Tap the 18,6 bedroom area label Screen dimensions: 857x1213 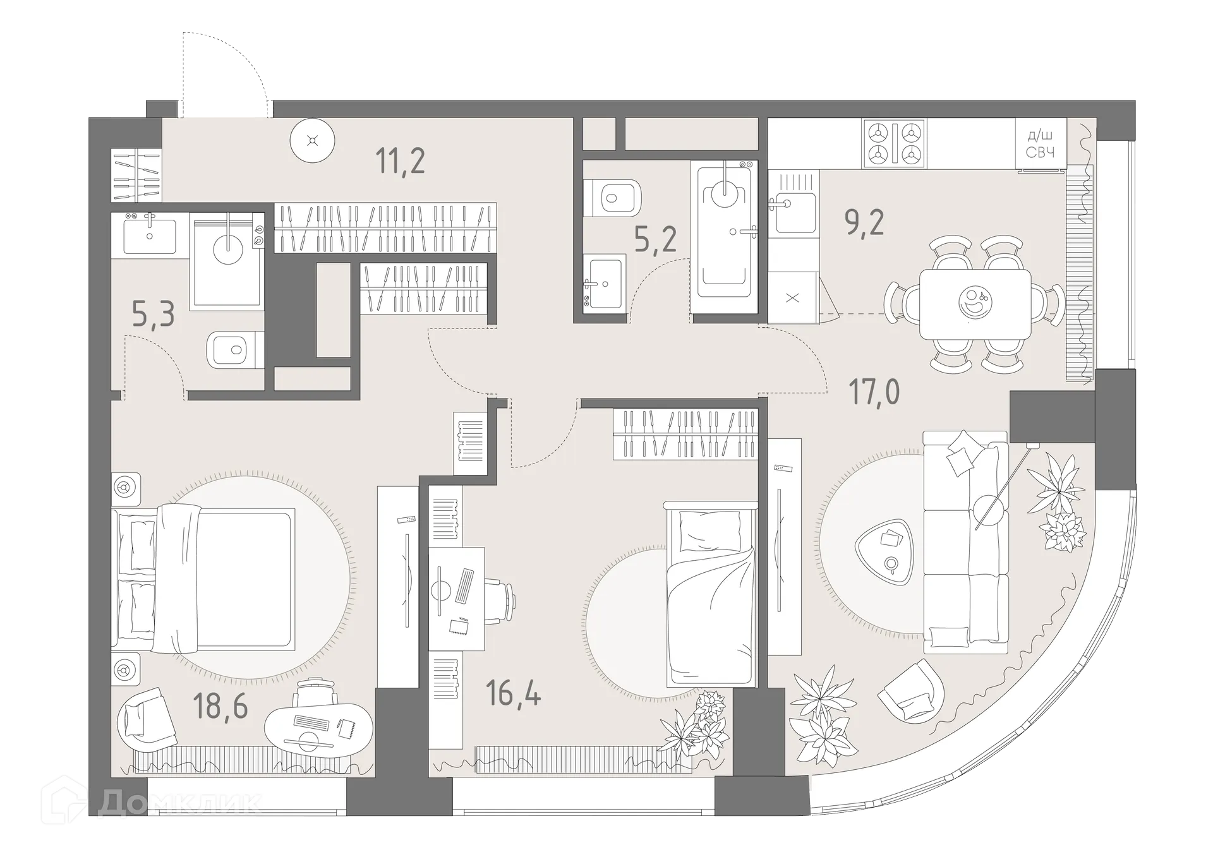(220, 705)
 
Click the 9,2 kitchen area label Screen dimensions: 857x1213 (864, 222)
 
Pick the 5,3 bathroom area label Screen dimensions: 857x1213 (154, 314)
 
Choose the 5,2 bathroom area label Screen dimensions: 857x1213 (655, 240)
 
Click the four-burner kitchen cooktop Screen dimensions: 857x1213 (895, 143)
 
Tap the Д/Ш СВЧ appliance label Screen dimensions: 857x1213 (1039, 145)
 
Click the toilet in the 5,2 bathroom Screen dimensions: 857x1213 (610, 197)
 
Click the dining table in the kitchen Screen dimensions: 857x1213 (974, 304)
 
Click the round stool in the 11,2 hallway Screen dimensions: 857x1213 (312, 141)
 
